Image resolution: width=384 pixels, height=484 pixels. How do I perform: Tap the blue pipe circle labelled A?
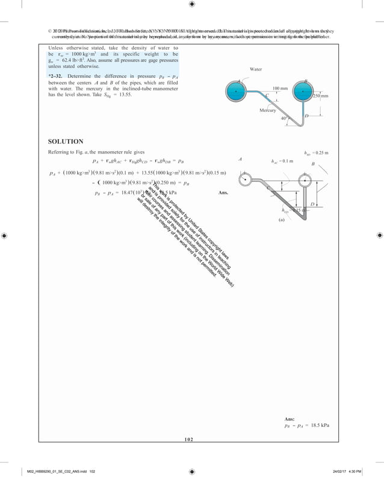tap(236, 92)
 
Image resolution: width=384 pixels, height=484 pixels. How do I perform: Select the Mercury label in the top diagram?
tap(268, 111)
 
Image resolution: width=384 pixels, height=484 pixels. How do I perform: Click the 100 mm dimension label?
tap(280, 88)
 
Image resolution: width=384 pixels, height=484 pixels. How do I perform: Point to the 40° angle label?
tap(284, 119)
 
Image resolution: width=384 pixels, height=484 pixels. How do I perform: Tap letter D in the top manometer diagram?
tap(306, 116)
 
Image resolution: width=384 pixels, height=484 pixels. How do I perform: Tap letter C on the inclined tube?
tap(267, 96)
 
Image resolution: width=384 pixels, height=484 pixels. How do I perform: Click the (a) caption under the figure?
tap(280, 220)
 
